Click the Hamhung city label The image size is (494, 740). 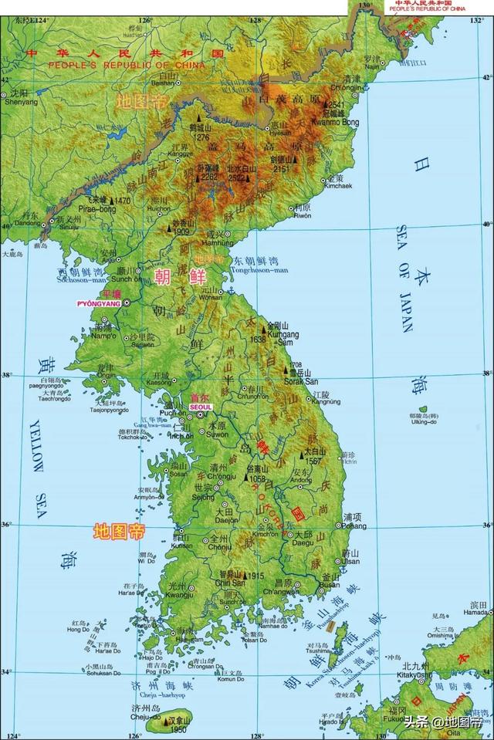[x=221, y=242]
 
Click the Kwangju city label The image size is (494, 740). [x=180, y=595]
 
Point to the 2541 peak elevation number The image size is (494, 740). [x=337, y=104]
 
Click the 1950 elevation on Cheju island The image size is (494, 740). [x=179, y=728]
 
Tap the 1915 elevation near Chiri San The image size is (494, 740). [x=255, y=576]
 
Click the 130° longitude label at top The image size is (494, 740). [x=365, y=5]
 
